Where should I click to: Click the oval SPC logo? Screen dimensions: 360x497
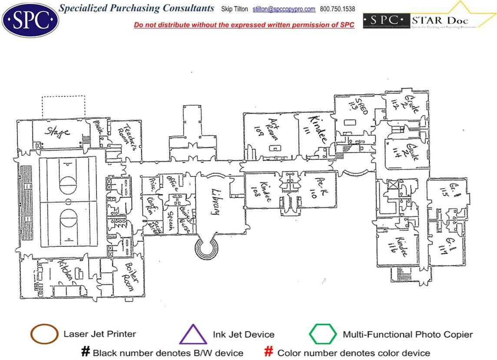coord(30,20)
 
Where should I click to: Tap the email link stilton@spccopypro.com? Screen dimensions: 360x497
coord(284,9)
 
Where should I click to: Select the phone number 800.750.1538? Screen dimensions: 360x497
coord(337,9)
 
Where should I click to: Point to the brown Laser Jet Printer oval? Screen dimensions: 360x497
coord(44,334)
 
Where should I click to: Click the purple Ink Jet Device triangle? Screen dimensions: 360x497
coord(193,335)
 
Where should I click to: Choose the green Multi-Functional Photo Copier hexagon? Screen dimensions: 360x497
coord(322,334)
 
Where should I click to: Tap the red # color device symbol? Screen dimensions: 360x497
coord(269,352)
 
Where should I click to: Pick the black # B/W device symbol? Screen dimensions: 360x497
coord(85,352)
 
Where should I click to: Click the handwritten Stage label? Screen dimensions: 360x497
coord(58,131)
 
